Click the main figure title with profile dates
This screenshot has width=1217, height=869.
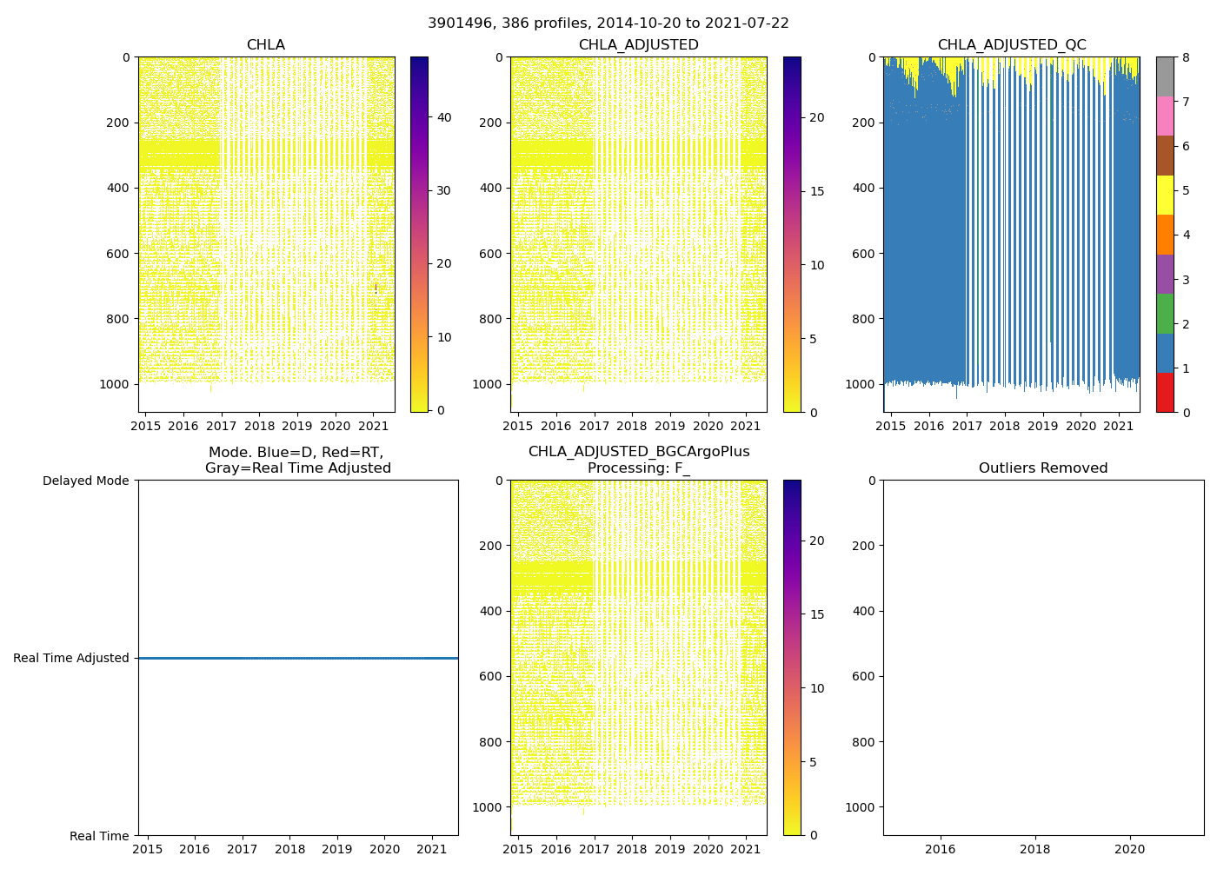click(608, 23)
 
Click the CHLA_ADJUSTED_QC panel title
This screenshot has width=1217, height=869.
click(1011, 45)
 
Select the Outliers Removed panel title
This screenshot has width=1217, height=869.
click(1042, 468)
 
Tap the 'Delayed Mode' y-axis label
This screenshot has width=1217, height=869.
click(85, 481)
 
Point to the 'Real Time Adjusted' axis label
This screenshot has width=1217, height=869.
click(71, 658)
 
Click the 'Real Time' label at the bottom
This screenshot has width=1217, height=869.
click(99, 836)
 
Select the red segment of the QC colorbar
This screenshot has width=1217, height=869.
click(1165, 392)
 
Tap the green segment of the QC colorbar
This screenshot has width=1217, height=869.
click(1165, 313)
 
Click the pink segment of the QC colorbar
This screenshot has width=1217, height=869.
click(1165, 116)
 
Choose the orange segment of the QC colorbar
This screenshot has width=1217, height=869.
click(1165, 235)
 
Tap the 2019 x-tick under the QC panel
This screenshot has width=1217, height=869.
click(1042, 426)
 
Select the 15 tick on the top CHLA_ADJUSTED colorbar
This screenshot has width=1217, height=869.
click(816, 191)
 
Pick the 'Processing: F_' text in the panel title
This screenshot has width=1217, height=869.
click(638, 468)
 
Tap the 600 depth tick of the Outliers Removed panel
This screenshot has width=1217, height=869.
click(861, 676)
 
